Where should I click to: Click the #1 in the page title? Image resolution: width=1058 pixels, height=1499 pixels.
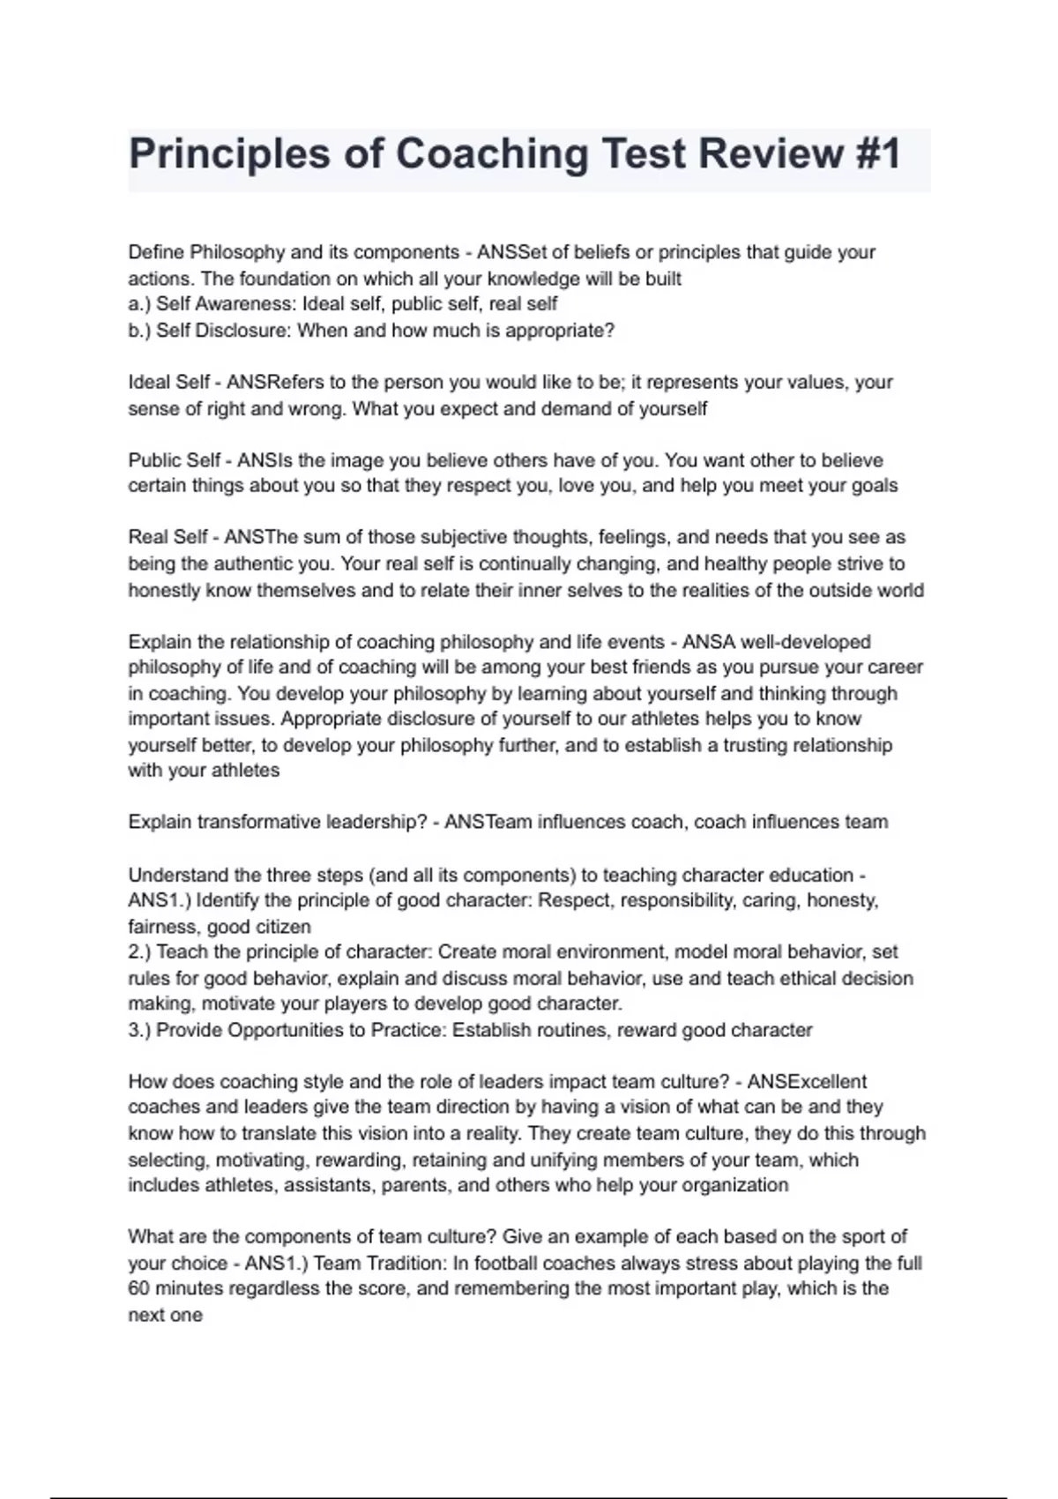[x=878, y=154]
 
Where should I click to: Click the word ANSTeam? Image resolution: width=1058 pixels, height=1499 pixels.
[x=488, y=822]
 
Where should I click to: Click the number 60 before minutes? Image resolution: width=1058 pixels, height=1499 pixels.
[x=139, y=1288]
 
